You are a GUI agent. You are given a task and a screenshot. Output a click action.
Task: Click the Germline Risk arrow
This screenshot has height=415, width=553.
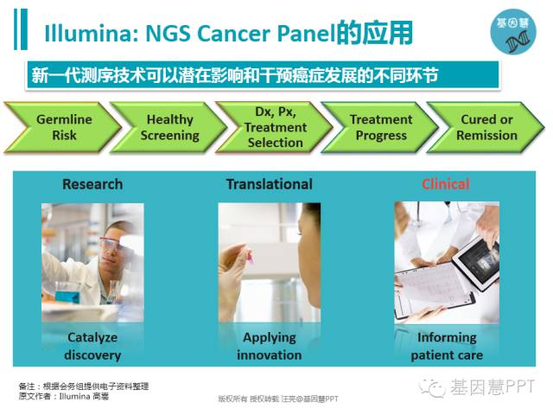pyautogui.click(x=63, y=127)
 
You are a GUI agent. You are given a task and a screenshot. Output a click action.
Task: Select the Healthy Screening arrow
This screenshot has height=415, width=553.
pyautogui.click(x=169, y=127)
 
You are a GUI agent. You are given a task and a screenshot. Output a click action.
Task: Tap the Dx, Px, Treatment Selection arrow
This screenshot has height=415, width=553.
pyautogui.click(x=275, y=127)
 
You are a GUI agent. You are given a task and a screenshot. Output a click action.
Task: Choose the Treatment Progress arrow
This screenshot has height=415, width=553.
pyautogui.click(x=381, y=127)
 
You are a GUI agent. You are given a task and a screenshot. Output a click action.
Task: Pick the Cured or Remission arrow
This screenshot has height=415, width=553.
pyautogui.click(x=486, y=127)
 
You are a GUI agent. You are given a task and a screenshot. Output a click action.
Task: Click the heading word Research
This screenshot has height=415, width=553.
pyautogui.click(x=92, y=184)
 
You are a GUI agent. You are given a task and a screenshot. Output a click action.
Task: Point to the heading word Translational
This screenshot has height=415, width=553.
pyautogui.click(x=270, y=184)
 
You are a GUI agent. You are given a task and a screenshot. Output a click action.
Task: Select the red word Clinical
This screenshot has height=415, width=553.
pyautogui.click(x=446, y=184)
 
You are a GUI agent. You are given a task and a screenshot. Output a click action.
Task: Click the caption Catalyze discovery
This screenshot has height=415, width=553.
pyautogui.click(x=92, y=346)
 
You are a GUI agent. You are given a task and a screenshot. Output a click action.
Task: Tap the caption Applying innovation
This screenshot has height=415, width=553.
pyautogui.click(x=270, y=346)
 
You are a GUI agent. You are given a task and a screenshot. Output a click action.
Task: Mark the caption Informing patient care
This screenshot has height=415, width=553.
pyautogui.click(x=447, y=346)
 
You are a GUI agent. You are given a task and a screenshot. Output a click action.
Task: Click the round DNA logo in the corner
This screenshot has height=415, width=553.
pyautogui.click(x=513, y=31)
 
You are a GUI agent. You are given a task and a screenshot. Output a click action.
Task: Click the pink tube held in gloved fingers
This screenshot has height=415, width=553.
pyautogui.click(x=250, y=256)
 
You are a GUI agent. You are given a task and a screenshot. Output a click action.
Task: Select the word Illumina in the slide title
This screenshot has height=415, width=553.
pyautogui.click(x=89, y=34)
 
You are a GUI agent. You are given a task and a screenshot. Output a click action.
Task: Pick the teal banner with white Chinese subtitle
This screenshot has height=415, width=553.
pyautogui.click(x=263, y=75)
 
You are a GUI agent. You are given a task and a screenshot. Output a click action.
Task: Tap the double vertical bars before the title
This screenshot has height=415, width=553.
pyautogui.click(x=21, y=29)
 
